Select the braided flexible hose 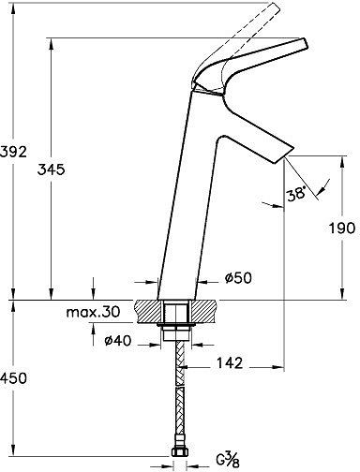[x=176, y=393]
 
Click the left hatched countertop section [x=149, y=310]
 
